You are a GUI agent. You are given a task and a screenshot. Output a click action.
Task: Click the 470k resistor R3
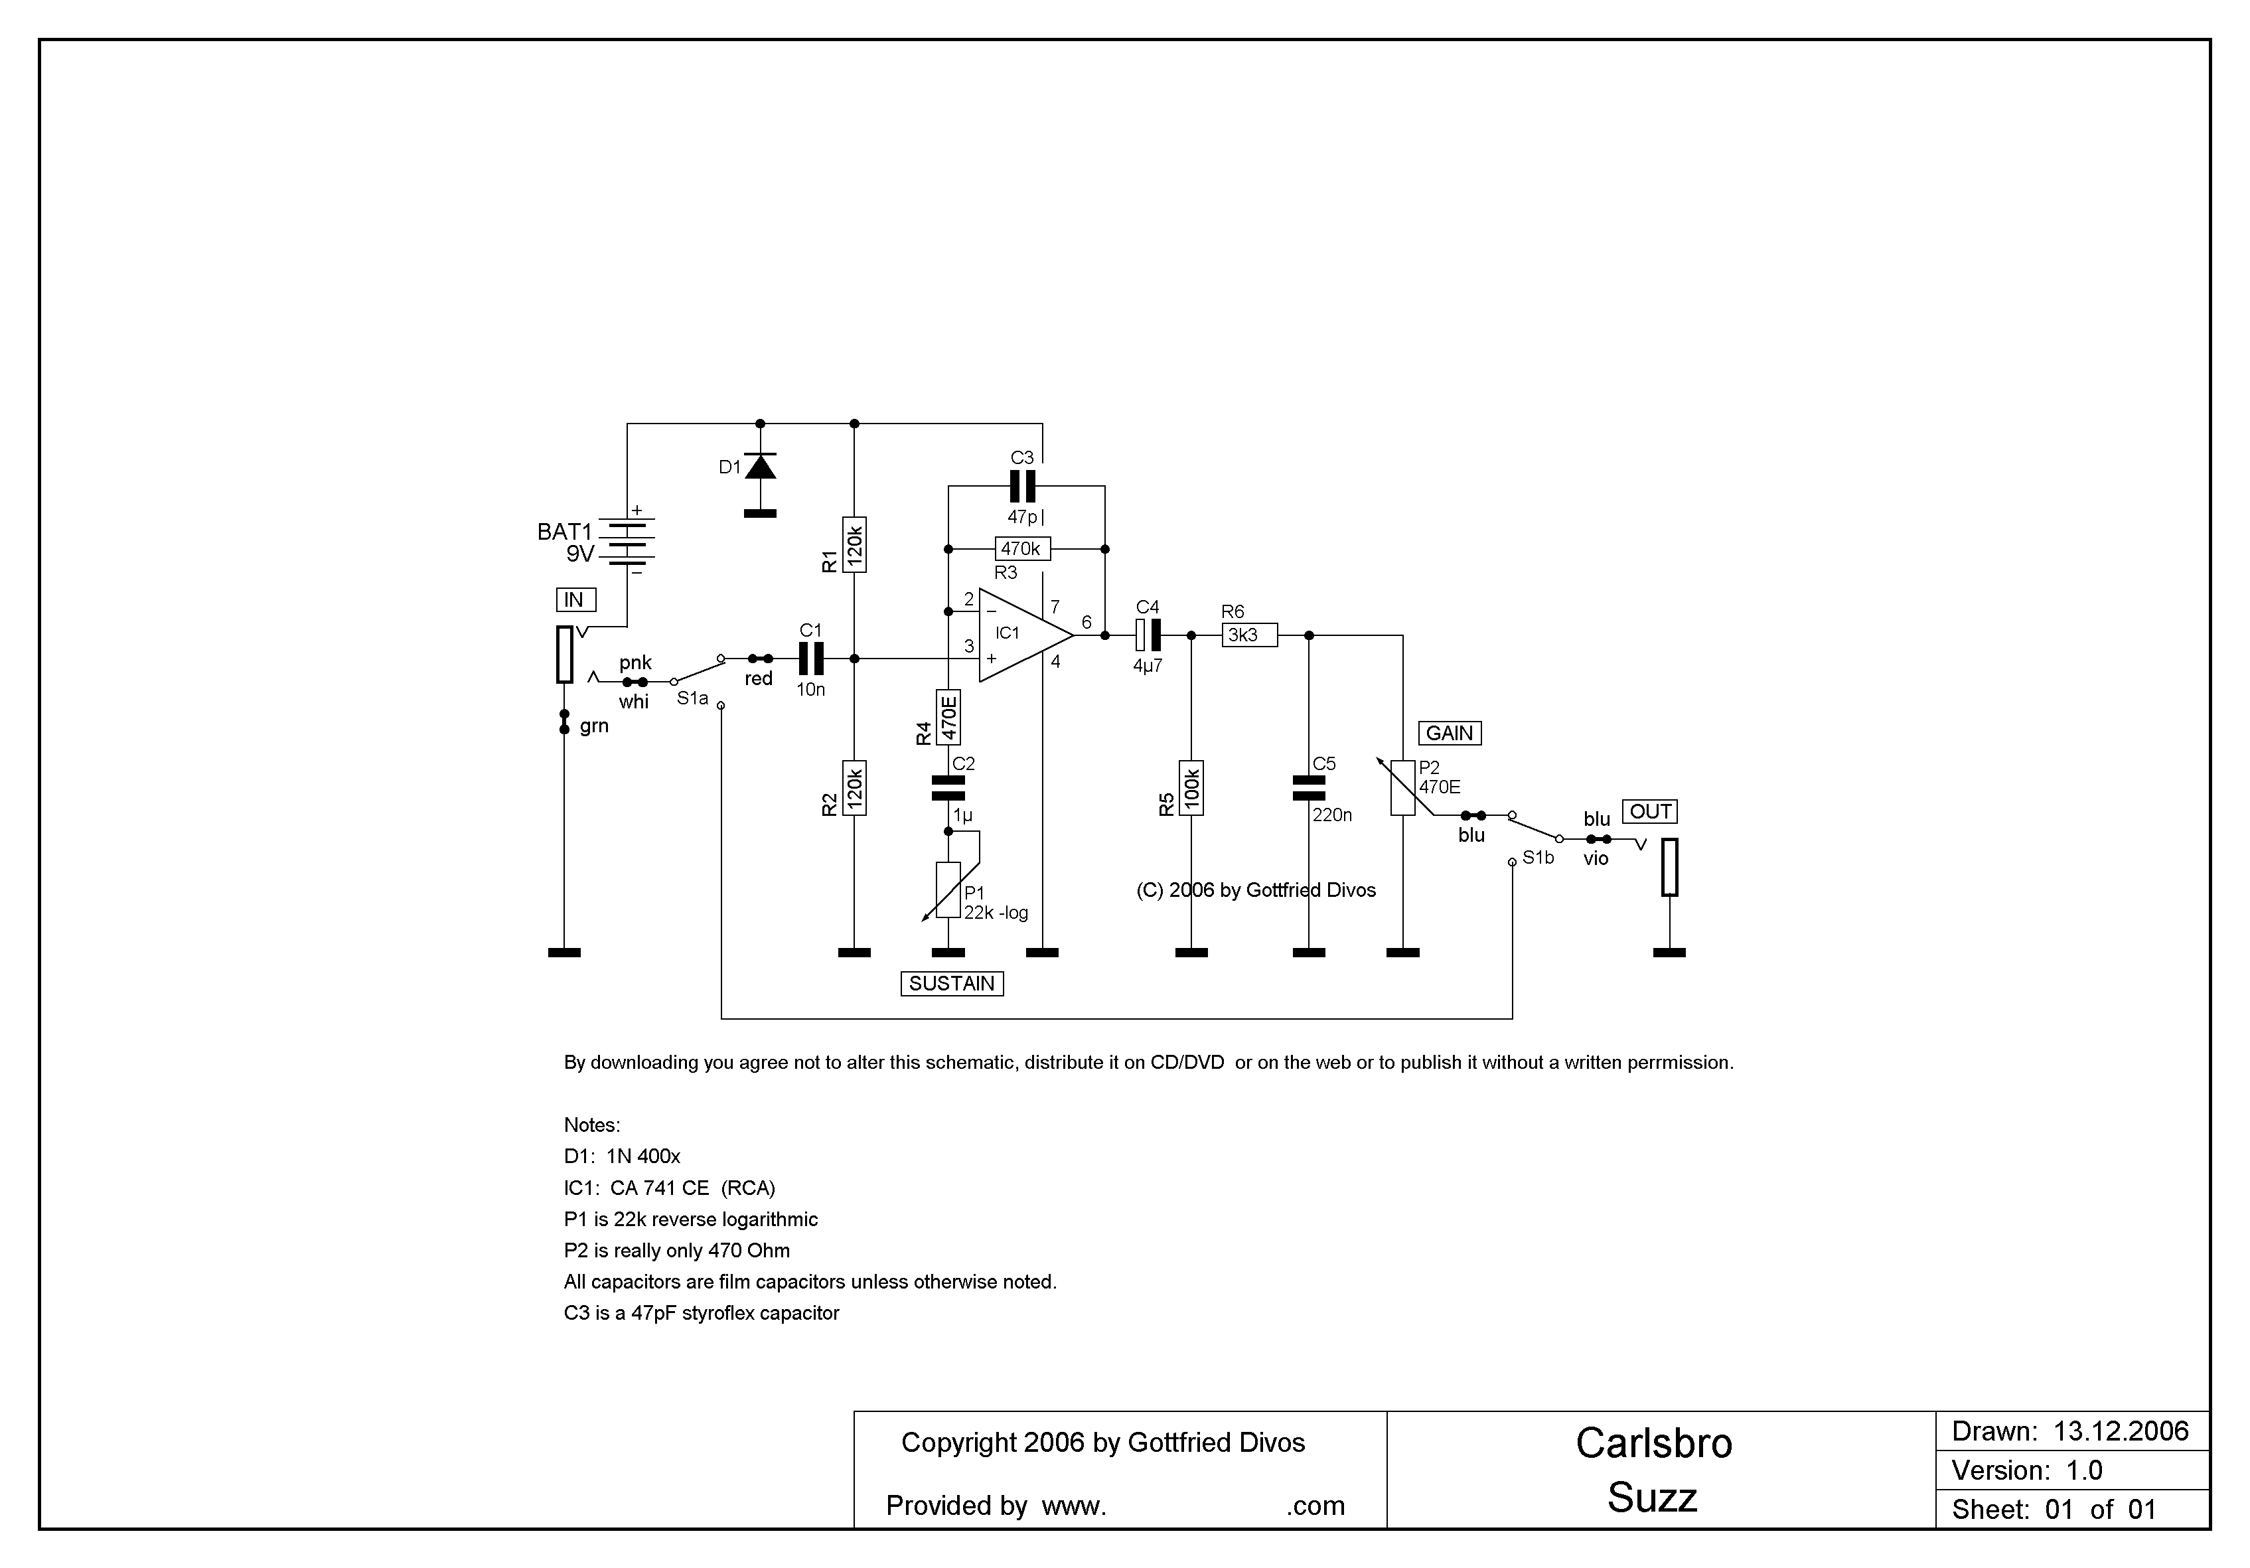[x=1022, y=549]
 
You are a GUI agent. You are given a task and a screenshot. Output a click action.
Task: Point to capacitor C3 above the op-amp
[x=1022, y=486]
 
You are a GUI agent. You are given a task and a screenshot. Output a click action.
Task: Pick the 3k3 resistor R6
[x=1248, y=635]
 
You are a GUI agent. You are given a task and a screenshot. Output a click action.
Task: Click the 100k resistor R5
[x=1191, y=788]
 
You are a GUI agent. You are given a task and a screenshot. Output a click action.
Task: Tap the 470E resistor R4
[x=948, y=718]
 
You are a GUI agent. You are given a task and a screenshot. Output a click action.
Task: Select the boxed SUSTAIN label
[x=952, y=984]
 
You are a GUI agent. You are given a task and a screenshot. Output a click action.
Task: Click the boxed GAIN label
[x=1450, y=733]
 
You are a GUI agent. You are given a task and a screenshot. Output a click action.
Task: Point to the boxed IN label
[x=575, y=599]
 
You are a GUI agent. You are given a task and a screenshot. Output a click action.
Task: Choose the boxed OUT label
[x=1649, y=811]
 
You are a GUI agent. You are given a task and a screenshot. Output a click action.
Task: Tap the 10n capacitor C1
[x=810, y=659]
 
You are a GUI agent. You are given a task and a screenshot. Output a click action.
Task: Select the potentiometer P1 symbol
[x=948, y=890]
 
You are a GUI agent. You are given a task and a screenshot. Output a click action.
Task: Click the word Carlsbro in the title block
[x=1653, y=1444]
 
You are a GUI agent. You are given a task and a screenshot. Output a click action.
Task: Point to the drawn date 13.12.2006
[x=2121, y=1432]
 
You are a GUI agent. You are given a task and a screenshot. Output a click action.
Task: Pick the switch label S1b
[x=1538, y=858]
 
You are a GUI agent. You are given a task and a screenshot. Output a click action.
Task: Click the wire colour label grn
[x=594, y=726]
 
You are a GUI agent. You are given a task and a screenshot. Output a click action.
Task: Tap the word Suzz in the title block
[x=1652, y=1498]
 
